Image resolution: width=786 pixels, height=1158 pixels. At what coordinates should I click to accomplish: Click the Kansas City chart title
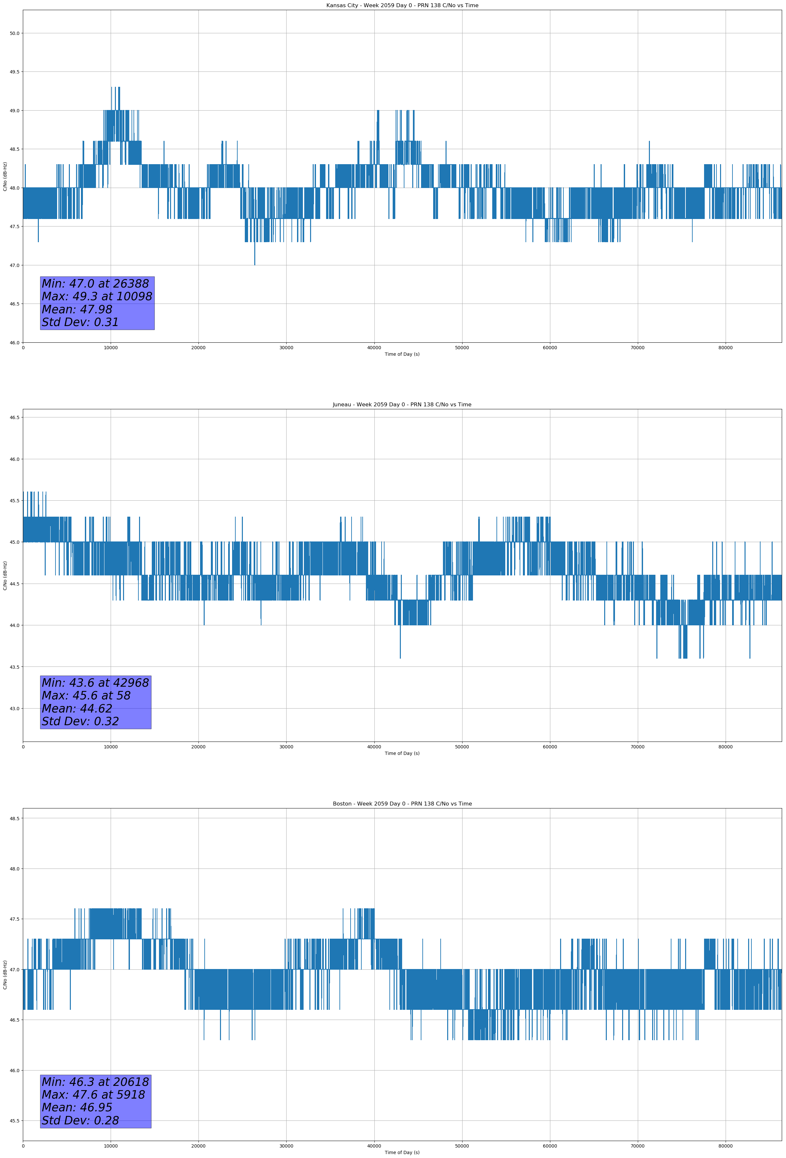tap(402, 6)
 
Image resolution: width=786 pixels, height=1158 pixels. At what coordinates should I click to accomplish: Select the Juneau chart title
tap(402, 405)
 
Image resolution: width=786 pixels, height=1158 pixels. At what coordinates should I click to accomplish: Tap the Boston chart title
tap(402, 804)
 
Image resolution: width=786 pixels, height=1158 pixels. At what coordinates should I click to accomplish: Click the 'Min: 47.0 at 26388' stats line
tap(95, 284)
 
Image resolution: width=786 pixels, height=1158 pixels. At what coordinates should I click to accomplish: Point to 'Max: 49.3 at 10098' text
tap(97, 296)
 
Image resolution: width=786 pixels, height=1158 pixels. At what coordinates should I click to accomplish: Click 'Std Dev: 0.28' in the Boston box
tap(80, 1120)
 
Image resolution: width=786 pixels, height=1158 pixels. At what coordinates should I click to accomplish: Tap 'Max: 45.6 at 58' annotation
tap(86, 696)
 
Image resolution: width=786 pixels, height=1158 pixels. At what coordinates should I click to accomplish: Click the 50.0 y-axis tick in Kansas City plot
tap(14, 33)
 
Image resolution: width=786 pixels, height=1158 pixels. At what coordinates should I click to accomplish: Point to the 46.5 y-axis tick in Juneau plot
tap(14, 417)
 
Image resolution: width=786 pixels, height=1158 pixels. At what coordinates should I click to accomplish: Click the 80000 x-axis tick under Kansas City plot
tap(725, 348)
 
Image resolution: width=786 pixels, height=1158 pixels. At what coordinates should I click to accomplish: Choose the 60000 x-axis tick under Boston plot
tap(550, 1146)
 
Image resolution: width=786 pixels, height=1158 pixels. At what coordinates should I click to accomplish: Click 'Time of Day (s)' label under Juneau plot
tap(402, 753)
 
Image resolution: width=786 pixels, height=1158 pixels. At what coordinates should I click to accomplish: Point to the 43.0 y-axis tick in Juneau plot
tap(14, 709)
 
